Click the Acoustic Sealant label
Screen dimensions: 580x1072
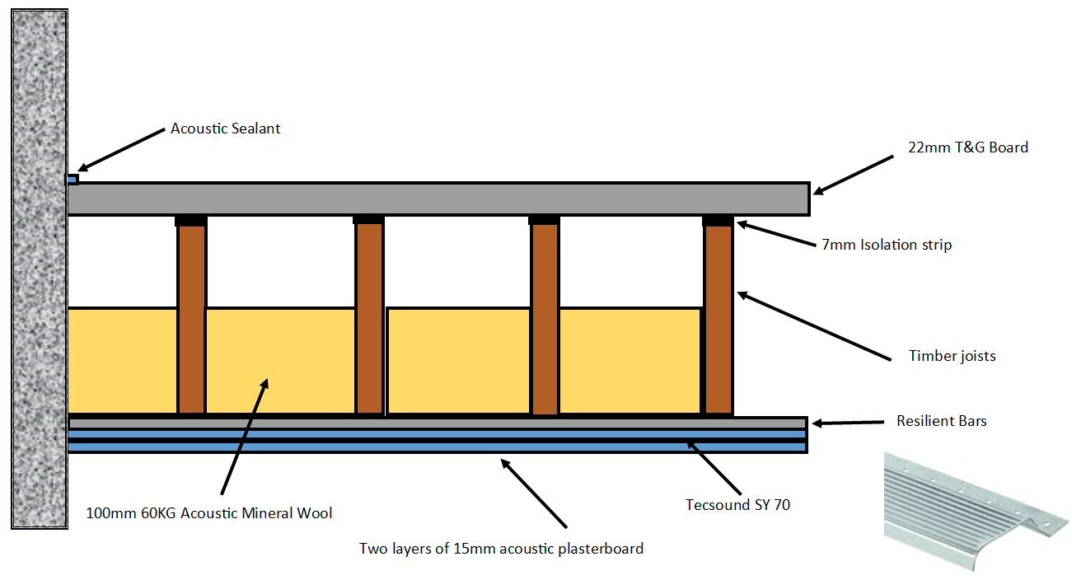coord(225,129)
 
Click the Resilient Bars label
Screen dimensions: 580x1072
coord(941,421)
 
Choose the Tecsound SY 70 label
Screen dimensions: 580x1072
coord(737,504)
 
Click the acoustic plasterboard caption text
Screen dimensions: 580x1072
coord(501,548)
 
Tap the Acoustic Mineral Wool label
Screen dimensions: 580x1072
coord(209,513)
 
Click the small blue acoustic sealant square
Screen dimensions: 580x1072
coord(73,179)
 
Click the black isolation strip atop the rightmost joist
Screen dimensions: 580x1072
coord(718,220)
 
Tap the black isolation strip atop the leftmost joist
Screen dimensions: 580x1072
coord(190,220)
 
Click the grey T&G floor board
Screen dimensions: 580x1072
coord(437,199)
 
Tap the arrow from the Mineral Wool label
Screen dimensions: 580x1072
coord(244,437)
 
